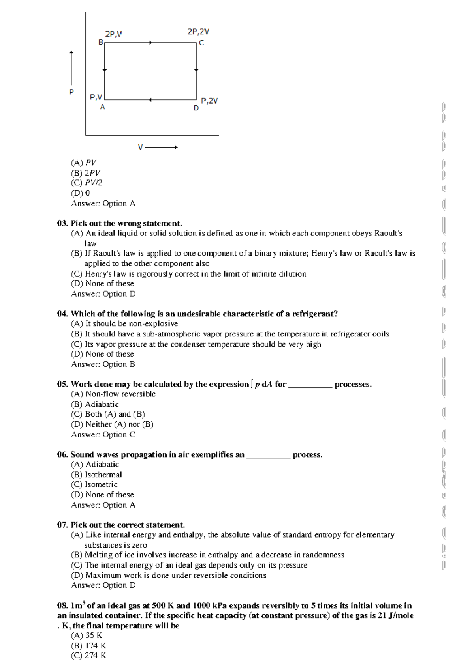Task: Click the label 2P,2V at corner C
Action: (x=198, y=32)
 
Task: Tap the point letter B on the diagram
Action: (x=101, y=42)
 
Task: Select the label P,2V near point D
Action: (x=209, y=101)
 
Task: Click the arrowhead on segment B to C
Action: (x=150, y=43)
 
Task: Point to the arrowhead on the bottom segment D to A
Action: (x=150, y=100)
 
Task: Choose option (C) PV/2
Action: (x=87, y=183)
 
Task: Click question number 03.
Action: (x=62, y=223)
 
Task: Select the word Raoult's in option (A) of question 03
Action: (x=388, y=233)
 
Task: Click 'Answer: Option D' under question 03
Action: (x=103, y=294)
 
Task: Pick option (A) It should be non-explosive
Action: (x=124, y=324)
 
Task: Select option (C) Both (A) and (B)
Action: (x=108, y=414)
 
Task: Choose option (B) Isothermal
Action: (x=97, y=475)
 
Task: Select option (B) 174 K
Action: (x=88, y=646)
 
